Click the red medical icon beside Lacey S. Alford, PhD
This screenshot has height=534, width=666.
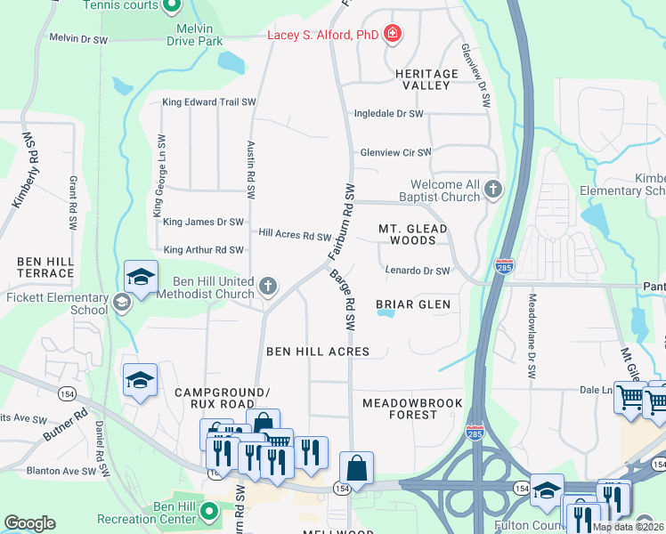[x=392, y=36]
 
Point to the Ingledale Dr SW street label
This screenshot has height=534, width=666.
[x=388, y=114]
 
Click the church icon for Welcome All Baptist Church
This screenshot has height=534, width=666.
[x=493, y=189]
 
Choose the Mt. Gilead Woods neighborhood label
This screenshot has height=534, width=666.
[x=412, y=234]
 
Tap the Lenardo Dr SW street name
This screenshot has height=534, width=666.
[x=417, y=271]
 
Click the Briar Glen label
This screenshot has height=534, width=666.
[x=412, y=304]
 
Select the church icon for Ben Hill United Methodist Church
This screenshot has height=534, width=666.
[x=268, y=287]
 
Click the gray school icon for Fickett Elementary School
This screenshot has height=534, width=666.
[x=121, y=303]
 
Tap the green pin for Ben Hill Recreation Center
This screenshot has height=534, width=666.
[x=208, y=512]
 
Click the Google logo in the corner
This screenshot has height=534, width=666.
[x=29, y=523]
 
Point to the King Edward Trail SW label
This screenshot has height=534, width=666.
[x=209, y=102]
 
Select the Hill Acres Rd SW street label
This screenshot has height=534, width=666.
[x=295, y=235]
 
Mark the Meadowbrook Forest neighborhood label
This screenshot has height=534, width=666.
[x=412, y=409]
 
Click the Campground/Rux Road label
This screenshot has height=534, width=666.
[x=221, y=398]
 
